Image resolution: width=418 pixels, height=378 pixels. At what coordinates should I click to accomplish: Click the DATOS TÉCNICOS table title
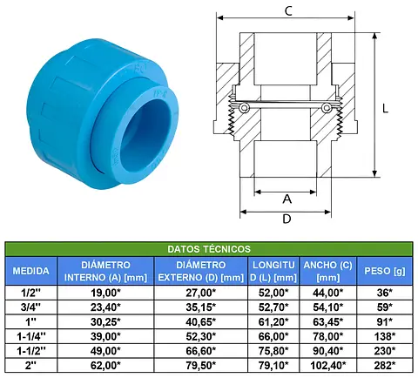click(209, 249)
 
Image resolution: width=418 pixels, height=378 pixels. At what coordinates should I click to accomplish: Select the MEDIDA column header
click(30, 271)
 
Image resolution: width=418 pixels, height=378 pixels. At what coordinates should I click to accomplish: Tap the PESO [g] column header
click(385, 271)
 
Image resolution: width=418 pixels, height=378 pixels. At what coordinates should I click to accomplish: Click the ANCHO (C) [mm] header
click(327, 271)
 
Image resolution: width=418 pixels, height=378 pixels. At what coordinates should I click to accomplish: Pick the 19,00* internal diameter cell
click(105, 293)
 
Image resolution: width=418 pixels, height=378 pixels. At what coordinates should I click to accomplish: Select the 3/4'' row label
click(30, 307)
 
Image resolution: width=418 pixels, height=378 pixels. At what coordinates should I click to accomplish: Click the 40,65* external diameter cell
click(201, 321)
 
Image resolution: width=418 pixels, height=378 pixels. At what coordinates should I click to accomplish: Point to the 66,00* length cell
click(273, 336)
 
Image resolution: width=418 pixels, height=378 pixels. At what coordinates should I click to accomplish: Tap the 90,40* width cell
click(327, 351)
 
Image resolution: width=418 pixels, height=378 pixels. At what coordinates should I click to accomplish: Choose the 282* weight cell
click(385, 366)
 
